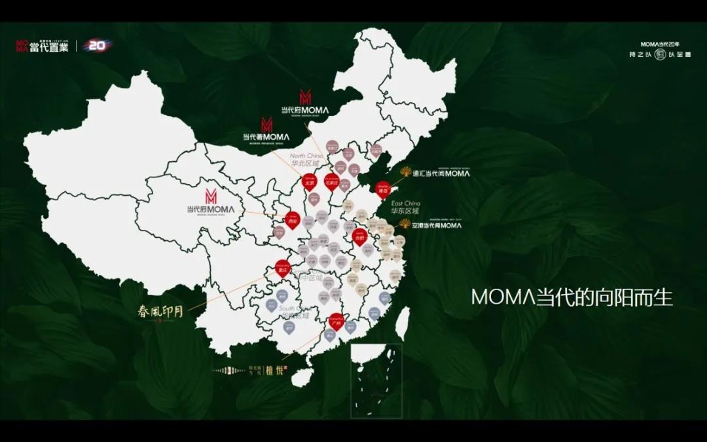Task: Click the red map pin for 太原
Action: [308, 182]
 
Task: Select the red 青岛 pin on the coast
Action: [383, 188]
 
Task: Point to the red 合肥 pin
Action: [358, 237]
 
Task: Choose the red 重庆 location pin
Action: [283, 269]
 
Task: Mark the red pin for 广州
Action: [336, 321]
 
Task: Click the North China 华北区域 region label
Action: [307, 161]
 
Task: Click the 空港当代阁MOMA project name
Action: [437, 225]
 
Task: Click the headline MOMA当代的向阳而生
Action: [571, 297]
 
